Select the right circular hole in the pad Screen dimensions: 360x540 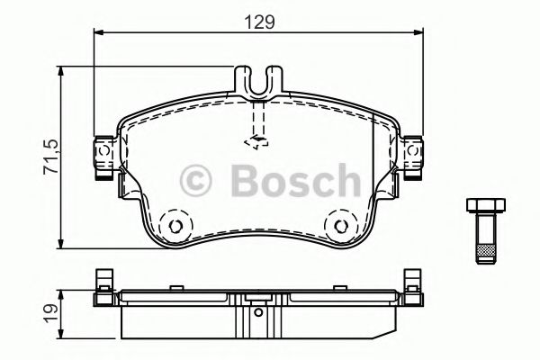point(341,226)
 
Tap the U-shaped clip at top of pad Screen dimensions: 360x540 point(258,83)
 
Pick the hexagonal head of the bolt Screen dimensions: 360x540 point(483,206)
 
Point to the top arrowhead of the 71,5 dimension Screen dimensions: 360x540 point(61,73)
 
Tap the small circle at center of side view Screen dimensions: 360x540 point(258,315)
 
